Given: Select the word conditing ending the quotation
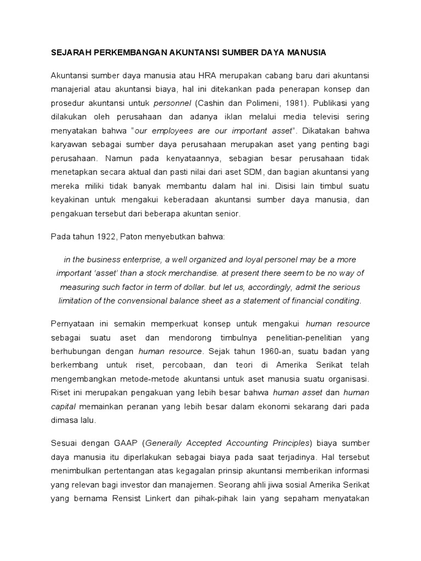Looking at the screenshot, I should click(344, 300).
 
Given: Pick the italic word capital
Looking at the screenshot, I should click(65, 406).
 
